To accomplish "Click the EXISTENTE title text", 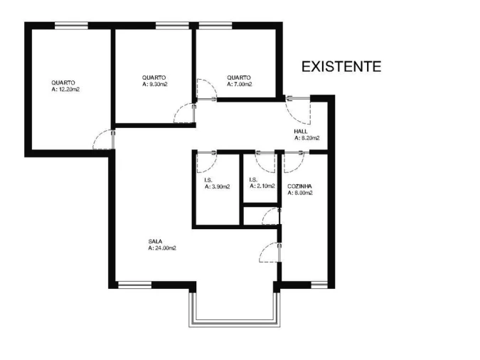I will [341, 67].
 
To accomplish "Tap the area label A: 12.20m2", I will [65, 90].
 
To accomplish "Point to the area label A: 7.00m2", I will [240, 84].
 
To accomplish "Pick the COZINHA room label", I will [300, 186].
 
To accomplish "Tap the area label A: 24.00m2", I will [162, 248].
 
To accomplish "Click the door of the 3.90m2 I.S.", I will [205, 162].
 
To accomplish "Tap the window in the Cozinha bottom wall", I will [319, 285].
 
